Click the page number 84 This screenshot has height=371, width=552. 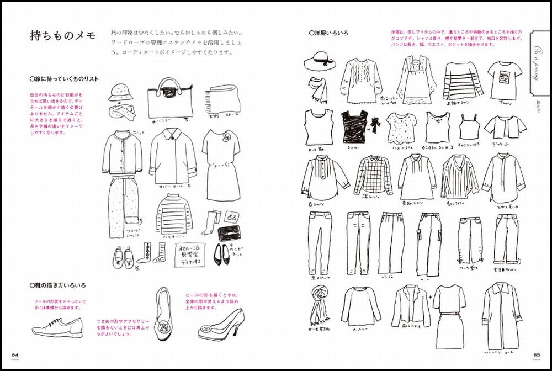tap(14, 354)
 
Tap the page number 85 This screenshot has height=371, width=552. tap(536, 354)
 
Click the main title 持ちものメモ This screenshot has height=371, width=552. tap(63, 37)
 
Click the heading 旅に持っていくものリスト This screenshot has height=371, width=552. tap(64, 79)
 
